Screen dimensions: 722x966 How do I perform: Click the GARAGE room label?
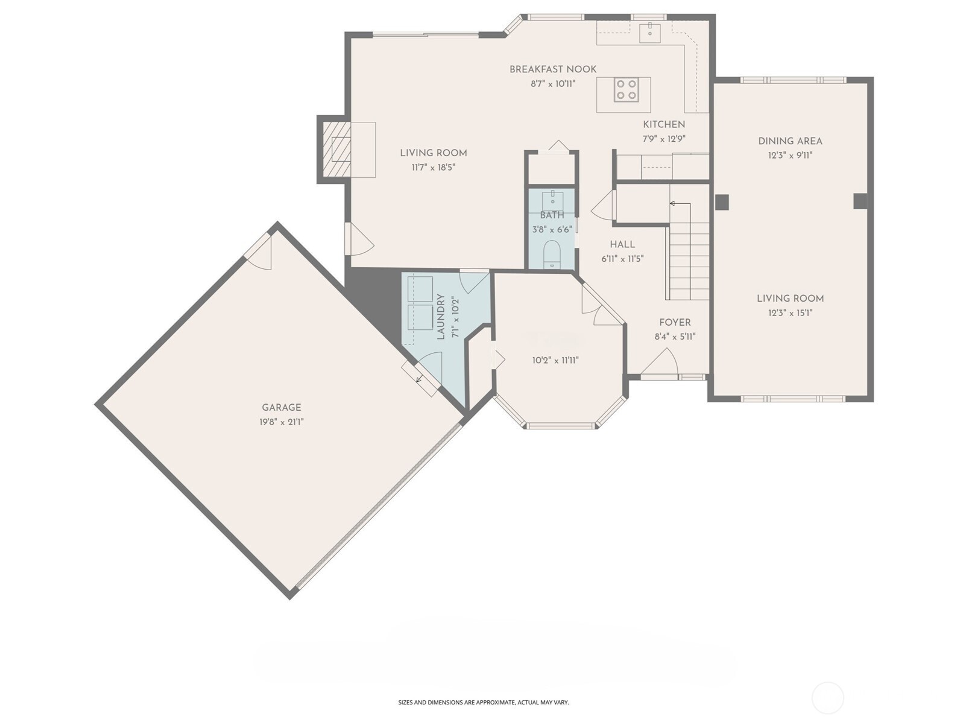281,408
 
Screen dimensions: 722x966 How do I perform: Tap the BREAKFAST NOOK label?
553,69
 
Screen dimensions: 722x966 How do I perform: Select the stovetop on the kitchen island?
627,90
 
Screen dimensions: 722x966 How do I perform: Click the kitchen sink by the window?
650,31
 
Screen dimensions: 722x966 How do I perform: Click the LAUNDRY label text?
441,317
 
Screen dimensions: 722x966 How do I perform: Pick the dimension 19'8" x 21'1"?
281,422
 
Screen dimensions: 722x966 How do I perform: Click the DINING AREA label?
790,141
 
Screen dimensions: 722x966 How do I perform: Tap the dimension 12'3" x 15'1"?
790,313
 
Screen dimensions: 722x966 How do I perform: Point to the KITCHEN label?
664,124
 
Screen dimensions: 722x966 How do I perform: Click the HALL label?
622,244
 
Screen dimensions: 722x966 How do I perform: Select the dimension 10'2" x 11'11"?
555,361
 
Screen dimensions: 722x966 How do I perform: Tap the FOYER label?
675,323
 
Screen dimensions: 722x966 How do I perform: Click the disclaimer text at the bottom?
483,702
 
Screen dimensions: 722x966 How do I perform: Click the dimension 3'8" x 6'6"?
552,230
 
